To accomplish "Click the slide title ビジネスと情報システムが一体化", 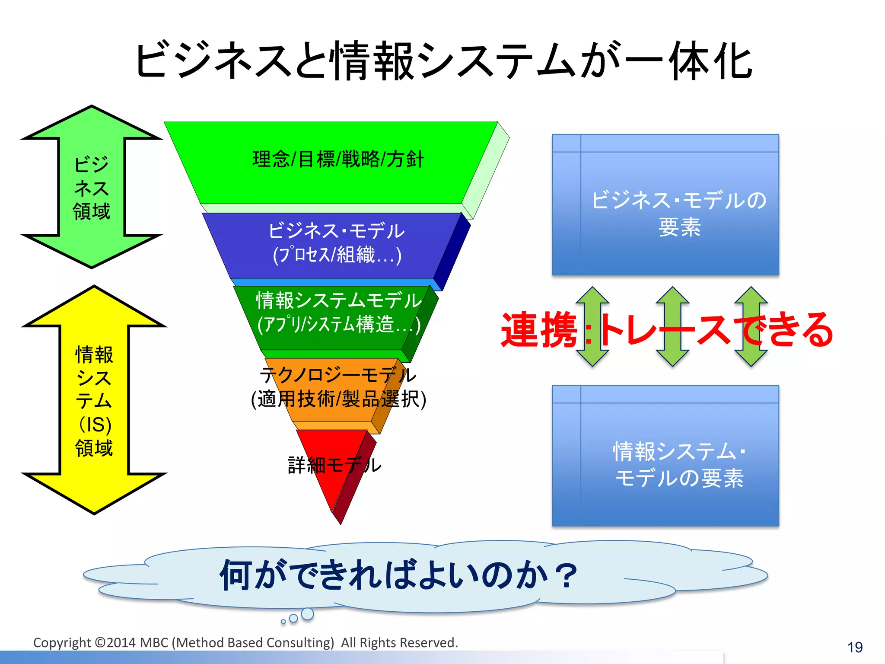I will (443, 61).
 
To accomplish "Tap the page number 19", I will (854, 647).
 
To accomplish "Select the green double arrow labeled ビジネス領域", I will (92, 187).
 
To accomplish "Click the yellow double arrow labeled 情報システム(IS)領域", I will (94, 400).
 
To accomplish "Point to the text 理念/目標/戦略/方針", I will (338, 160).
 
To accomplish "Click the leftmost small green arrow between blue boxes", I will (592, 327).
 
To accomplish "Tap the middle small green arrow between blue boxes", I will (672, 327).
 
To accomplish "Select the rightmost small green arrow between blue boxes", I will (751, 327).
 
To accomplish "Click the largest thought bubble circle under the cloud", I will (307, 614).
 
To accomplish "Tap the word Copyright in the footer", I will (62, 643).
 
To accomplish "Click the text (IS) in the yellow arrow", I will (96, 425).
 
